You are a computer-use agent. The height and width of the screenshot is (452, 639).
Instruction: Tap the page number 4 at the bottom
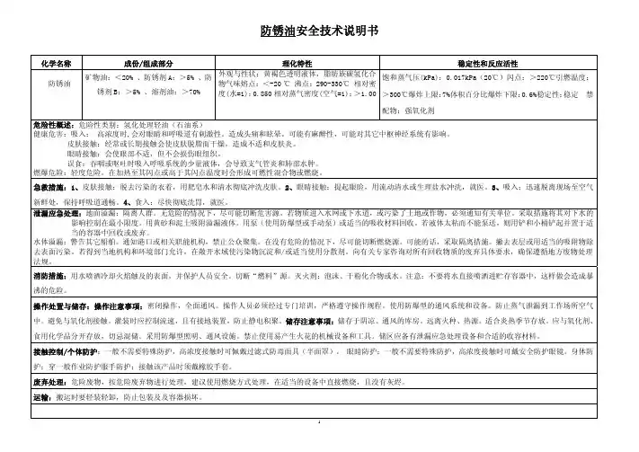coord(319,445)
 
